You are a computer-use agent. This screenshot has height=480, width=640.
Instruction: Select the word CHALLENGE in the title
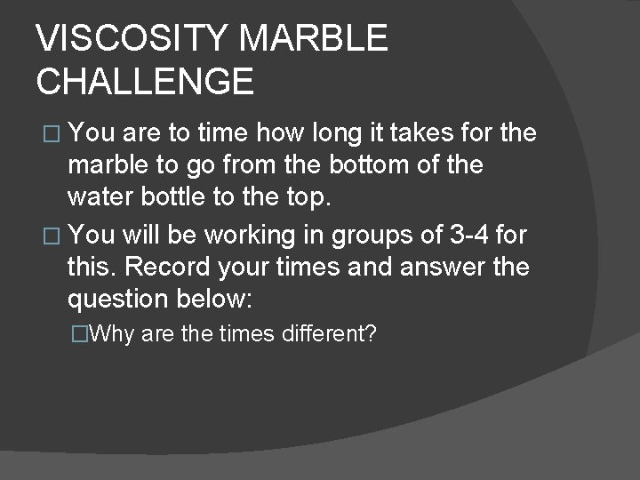[x=145, y=81]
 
